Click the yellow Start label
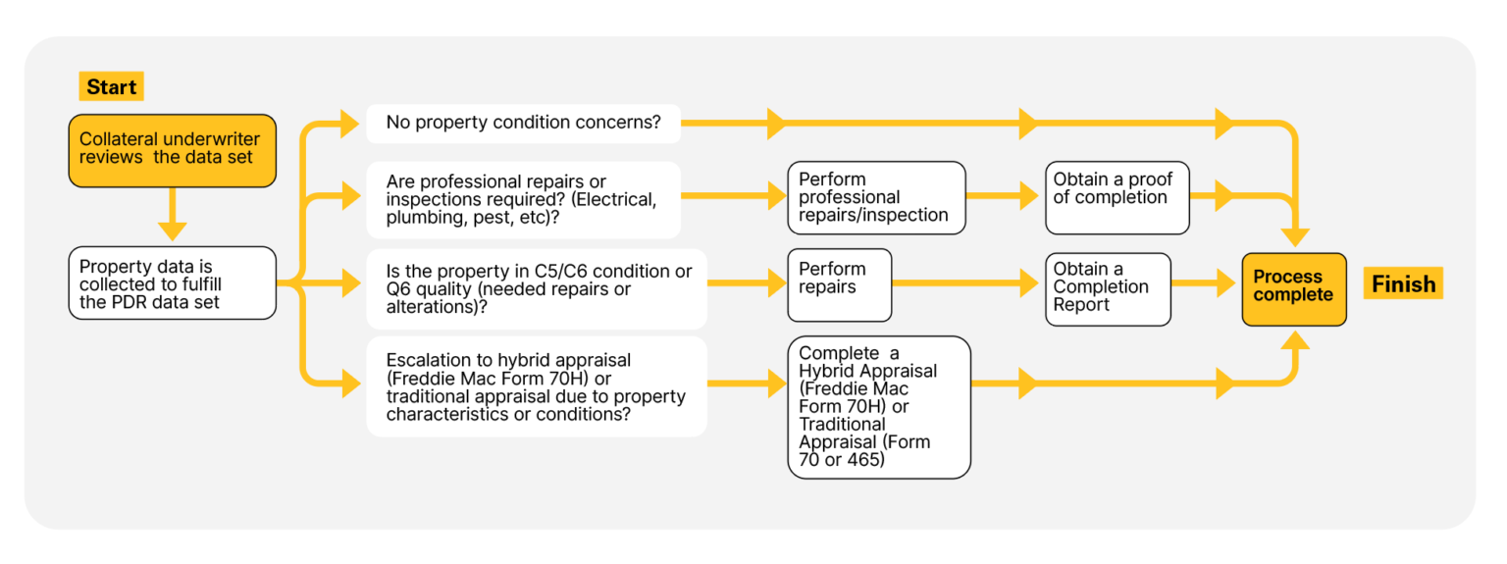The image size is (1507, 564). (111, 86)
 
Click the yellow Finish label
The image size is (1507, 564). (1403, 284)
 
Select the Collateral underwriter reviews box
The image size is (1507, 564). (172, 150)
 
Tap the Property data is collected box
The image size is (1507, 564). (172, 283)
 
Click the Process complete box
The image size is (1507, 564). (1293, 286)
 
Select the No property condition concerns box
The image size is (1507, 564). (523, 124)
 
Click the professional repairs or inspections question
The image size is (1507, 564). (523, 200)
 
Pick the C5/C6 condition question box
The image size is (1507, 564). (536, 289)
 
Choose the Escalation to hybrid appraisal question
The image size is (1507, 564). (536, 386)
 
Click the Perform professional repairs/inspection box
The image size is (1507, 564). (875, 198)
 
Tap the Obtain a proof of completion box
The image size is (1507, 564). (1117, 198)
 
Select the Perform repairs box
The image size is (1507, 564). (839, 285)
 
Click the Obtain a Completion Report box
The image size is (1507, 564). (1108, 288)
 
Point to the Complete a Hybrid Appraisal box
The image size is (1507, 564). (878, 407)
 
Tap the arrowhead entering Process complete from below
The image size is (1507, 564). (1296, 339)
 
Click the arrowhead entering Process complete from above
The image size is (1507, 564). (1296, 236)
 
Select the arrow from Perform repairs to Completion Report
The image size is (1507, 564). (966, 284)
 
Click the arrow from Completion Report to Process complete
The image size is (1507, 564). (1206, 284)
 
